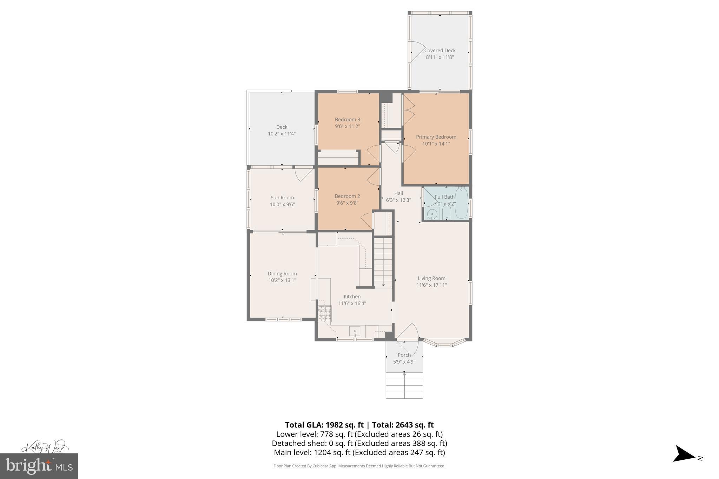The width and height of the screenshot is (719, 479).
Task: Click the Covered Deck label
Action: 440,51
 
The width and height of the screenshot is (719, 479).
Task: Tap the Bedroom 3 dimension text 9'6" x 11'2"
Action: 347,126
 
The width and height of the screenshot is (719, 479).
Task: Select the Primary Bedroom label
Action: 436,137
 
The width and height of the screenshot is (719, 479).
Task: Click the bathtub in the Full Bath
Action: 461,202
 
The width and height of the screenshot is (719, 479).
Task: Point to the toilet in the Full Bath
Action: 447,212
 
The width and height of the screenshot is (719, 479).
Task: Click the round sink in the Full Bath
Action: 431,213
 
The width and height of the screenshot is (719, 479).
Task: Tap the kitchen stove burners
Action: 325,313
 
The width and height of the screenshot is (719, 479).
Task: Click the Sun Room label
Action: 282,198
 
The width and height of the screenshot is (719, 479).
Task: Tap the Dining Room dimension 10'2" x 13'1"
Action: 282,280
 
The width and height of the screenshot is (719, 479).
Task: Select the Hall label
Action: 398,193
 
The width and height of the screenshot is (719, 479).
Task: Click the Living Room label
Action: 431,278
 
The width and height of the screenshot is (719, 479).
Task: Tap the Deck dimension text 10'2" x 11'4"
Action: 282,134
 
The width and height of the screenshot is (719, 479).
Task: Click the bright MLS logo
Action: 39,466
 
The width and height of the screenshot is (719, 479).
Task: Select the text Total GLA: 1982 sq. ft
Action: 324,425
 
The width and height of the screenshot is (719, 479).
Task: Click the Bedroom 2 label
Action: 347,196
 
